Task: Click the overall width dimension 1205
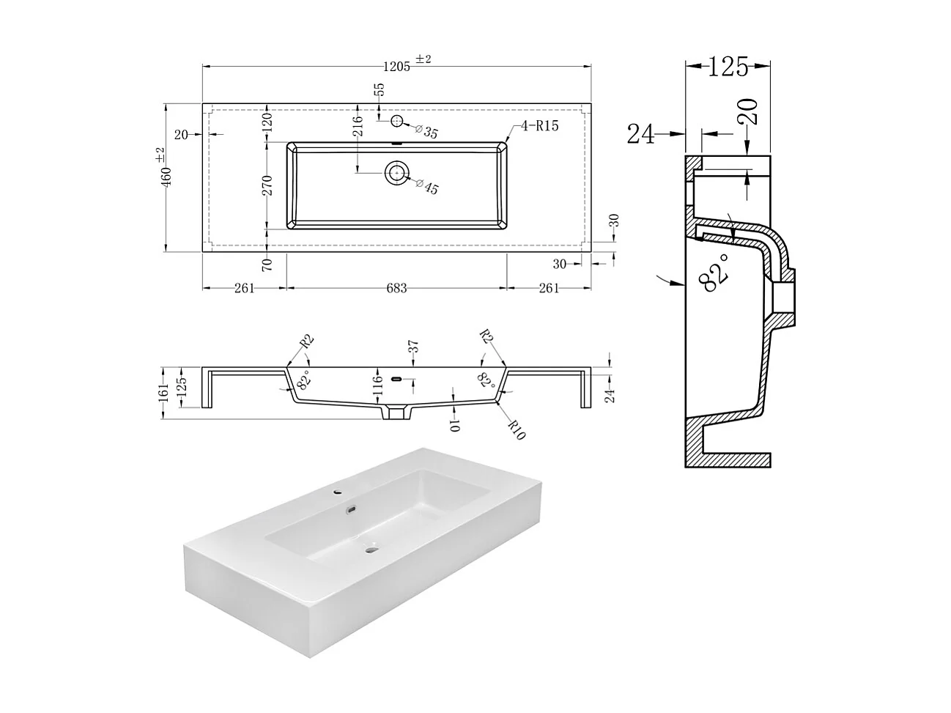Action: (396, 67)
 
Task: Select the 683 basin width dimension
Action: (396, 288)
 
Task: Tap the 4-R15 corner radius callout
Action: (539, 126)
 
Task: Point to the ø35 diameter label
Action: (426, 133)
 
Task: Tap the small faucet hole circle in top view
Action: (396, 121)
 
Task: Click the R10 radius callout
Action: (516, 430)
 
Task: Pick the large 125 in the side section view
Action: (728, 67)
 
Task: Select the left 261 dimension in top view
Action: (244, 288)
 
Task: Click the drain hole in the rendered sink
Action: (371, 547)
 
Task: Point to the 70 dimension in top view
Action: (267, 264)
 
